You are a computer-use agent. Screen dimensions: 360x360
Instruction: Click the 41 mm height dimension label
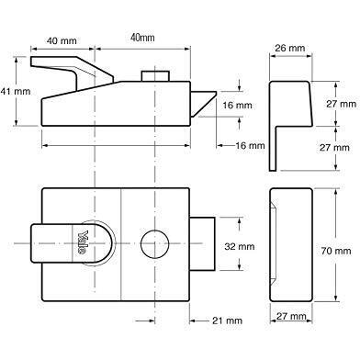(16, 91)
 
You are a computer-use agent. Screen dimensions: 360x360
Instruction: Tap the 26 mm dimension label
(289, 48)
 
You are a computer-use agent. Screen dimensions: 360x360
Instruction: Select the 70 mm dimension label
(336, 251)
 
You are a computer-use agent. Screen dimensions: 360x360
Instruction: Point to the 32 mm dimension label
(240, 246)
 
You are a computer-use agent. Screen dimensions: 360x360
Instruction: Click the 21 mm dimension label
(227, 321)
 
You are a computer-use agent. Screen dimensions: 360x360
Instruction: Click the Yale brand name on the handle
(83, 242)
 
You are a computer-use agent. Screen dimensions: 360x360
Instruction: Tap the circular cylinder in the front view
(155, 243)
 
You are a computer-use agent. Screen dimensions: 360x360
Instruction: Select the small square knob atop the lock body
(155, 76)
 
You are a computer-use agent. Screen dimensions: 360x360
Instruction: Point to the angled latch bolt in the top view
(203, 104)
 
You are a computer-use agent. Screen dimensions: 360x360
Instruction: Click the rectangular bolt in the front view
(202, 243)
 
